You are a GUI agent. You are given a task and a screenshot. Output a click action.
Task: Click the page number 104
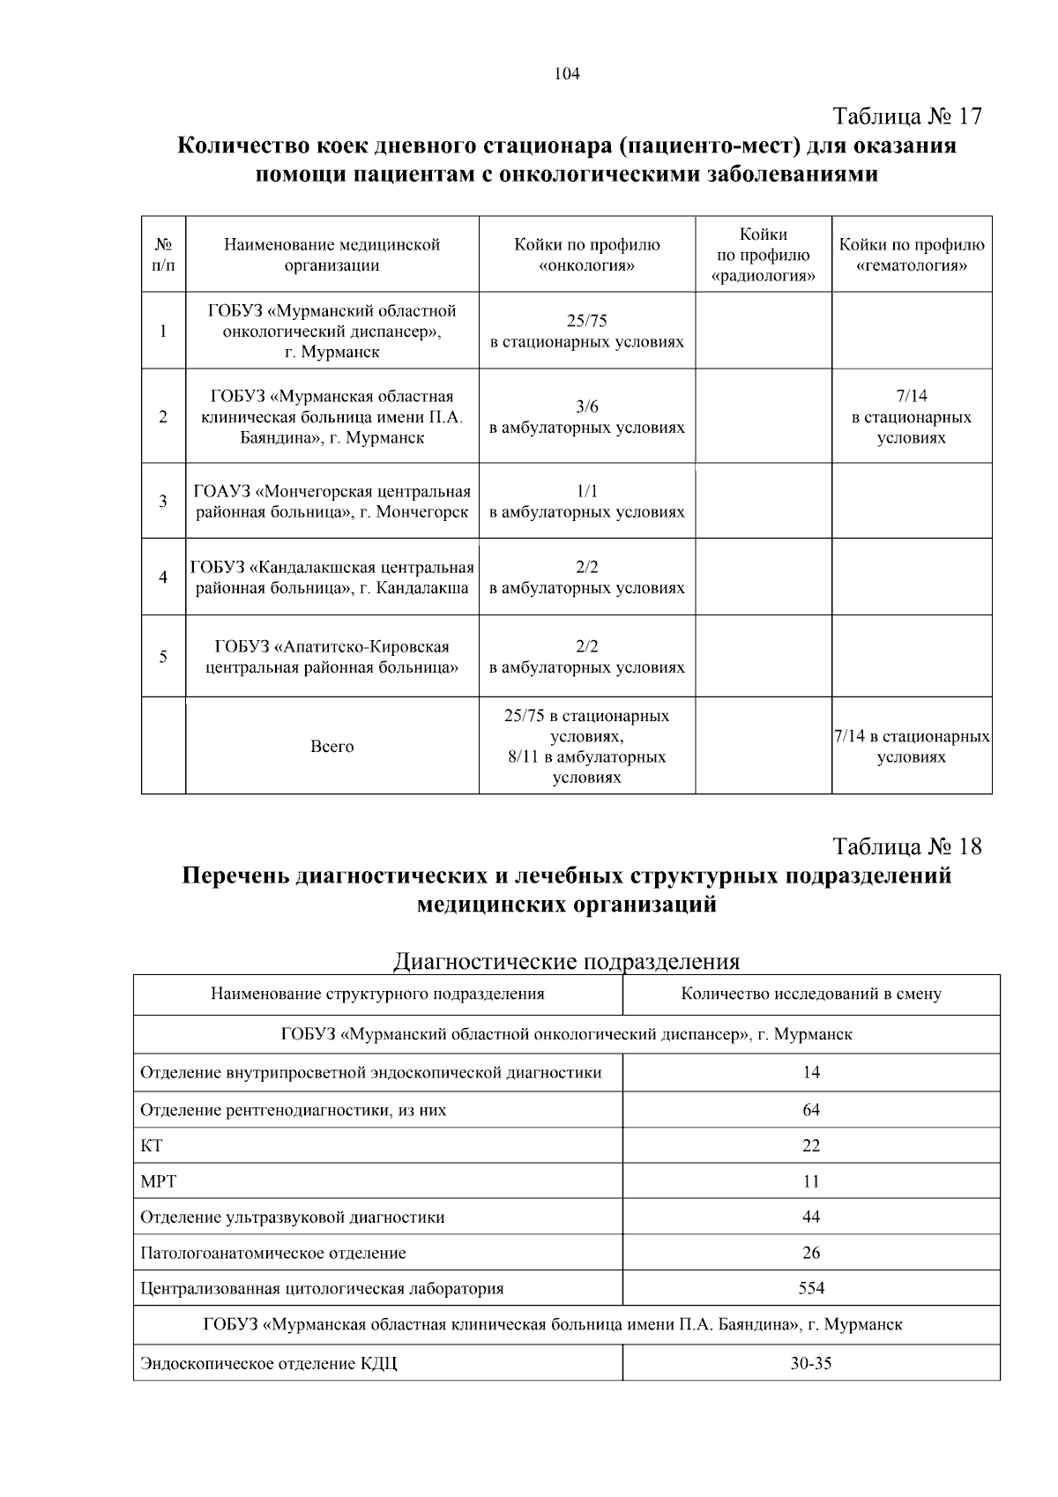pos(567,74)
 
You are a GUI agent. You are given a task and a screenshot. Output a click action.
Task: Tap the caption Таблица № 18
pos(906,847)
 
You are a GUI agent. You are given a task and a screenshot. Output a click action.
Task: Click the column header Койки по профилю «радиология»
pos(763,256)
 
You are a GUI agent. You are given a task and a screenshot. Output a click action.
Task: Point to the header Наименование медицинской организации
pos(332,255)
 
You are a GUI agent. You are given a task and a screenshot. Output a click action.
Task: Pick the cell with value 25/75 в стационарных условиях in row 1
pos(586,331)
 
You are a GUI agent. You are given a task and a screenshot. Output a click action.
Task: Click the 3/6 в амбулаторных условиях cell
pos(586,417)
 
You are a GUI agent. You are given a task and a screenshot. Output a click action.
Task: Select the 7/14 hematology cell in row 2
pos(911,417)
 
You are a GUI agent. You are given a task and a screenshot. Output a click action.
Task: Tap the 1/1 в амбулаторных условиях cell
pos(586,502)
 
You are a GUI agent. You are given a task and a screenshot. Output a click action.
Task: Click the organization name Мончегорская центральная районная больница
pos(332,502)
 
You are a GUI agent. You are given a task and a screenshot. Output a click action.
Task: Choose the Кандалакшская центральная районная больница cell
pos(332,577)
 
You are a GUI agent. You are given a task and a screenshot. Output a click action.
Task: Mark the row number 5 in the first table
pos(163,657)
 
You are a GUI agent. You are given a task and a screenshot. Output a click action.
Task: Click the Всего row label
pos(332,747)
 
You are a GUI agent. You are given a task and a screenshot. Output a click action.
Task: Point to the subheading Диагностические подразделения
pos(566,961)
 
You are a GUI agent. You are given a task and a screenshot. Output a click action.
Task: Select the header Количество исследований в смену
pos(810,994)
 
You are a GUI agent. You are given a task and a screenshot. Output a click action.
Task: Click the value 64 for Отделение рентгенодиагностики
pos(810,1110)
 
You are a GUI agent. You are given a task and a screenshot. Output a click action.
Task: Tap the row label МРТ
pos(159,1181)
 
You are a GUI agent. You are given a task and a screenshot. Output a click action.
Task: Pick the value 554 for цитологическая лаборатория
pos(810,1289)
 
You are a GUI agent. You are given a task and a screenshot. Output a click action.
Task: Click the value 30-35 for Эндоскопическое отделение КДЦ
pos(810,1364)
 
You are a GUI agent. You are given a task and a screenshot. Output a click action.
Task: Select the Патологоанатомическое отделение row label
pos(273,1253)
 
